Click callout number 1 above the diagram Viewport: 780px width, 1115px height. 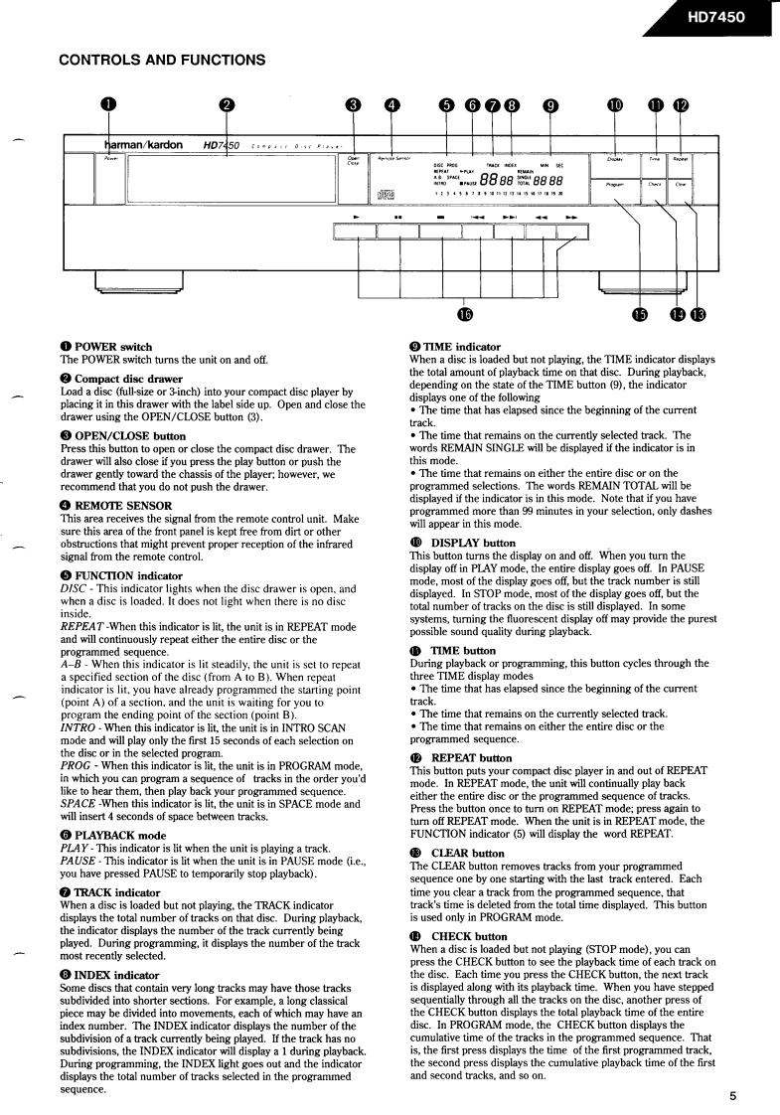click(108, 105)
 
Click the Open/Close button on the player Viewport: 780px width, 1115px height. click(354, 161)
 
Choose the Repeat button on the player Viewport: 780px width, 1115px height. click(680, 159)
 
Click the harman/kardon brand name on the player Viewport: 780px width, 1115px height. click(145, 145)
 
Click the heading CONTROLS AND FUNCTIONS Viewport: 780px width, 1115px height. click(162, 60)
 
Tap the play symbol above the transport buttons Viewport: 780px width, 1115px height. click(356, 216)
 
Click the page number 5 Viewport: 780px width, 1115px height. click(732, 1097)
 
